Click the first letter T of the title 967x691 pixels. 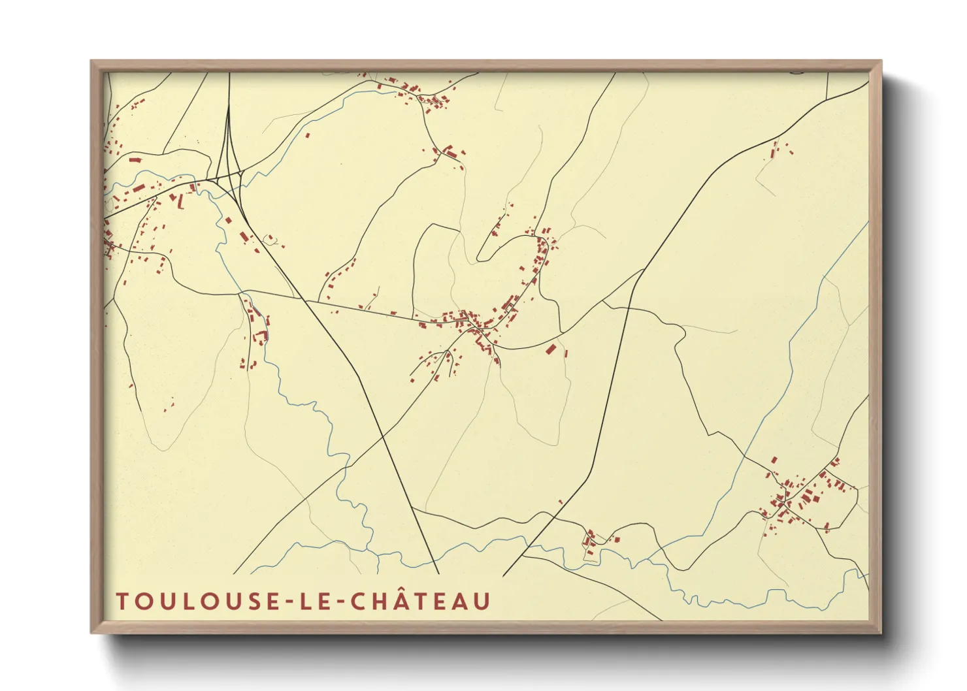(x=122, y=602)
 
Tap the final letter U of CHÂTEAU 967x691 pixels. (x=482, y=602)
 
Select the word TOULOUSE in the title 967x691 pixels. (x=194, y=602)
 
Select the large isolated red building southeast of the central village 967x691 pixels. (x=551, y=349)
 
